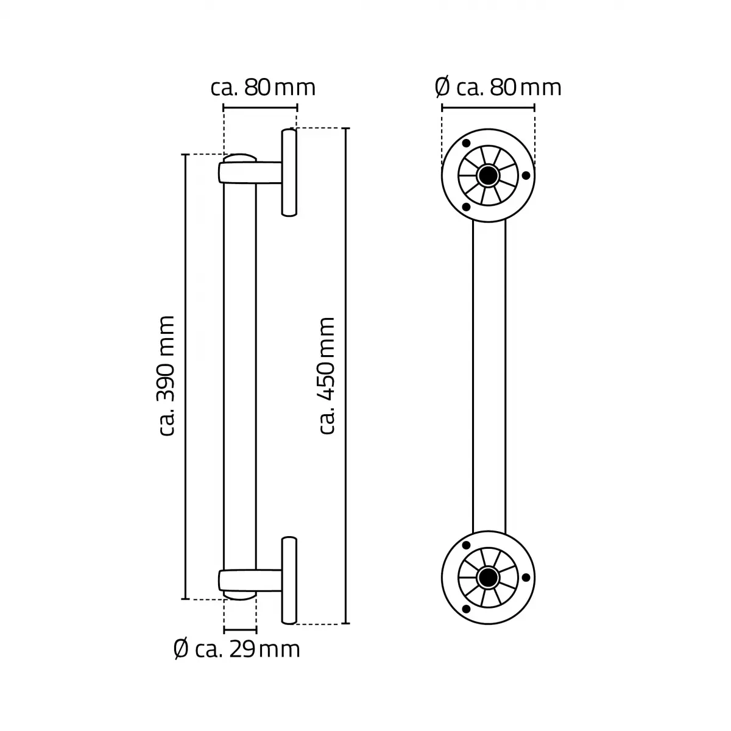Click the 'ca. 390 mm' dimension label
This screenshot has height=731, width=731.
[x=166, y=376]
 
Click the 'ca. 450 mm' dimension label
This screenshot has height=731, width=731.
[x=327, y=376]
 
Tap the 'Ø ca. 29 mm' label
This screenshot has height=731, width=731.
[x=237, y=649]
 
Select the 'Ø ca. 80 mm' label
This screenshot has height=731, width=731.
[x=498, y=88]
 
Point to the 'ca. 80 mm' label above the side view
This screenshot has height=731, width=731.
[x=263, y=88]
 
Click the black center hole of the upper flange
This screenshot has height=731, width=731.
[x=488, y=175]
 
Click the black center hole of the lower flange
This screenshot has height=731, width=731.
[x=488, y=577]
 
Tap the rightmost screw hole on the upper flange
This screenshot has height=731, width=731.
[x=526, y=175]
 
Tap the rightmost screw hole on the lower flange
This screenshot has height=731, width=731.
[x=526, y=577]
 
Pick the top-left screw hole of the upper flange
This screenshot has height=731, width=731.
[x=466, y=143]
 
